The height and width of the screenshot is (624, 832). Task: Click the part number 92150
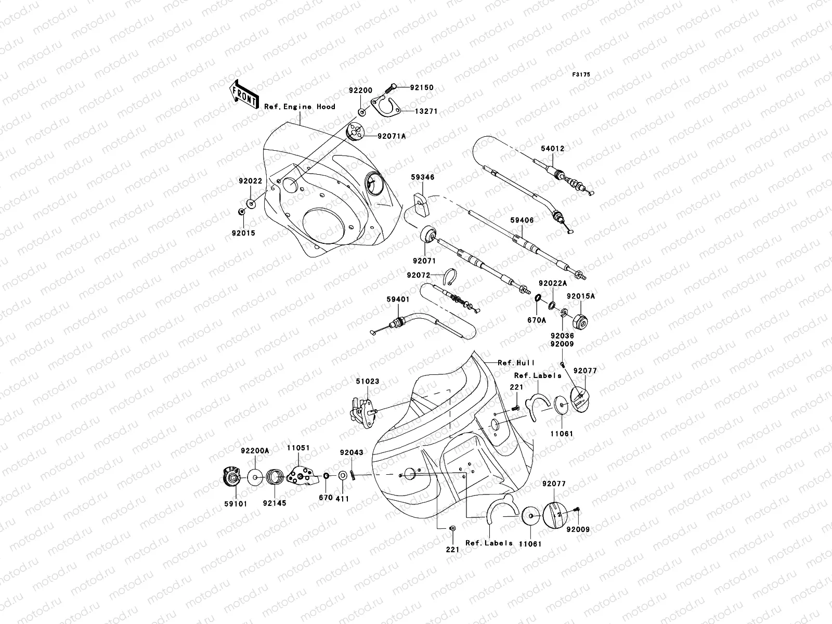click(x=421, y=88)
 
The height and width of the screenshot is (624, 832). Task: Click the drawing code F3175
click(x=582, y=75)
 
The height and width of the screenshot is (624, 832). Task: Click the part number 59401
click(x=398, y=299)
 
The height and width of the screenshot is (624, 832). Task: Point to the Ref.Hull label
click(x=516, y=362)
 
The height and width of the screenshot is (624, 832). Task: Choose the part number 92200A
click(x=255, y=451)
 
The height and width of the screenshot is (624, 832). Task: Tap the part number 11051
click(x=298, y=447)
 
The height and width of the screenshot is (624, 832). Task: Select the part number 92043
click(x=352, y=453)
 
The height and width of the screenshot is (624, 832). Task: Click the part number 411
click(x=342, y=499)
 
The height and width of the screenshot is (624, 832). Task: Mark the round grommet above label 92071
click(x=428, y=235)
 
